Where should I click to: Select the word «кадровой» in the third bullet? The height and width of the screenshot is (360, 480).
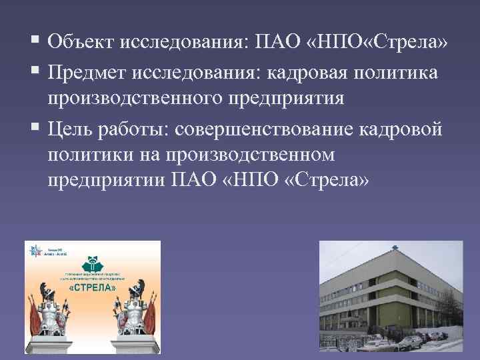tap(407, 129)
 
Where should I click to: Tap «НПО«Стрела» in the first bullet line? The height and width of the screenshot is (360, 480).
tap(387, 43)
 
